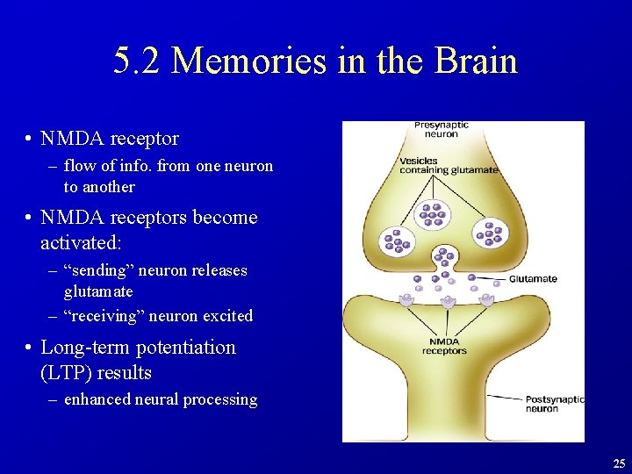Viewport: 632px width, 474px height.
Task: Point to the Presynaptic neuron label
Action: click(441, 130)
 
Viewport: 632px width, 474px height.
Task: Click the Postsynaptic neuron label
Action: click(553, 404)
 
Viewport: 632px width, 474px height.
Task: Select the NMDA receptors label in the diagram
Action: click(444, 346)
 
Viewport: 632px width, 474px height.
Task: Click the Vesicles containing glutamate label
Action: click(448, 166)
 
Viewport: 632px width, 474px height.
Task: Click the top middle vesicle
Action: click(432, 213)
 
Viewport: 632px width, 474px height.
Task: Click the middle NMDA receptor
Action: click(448, 301)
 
